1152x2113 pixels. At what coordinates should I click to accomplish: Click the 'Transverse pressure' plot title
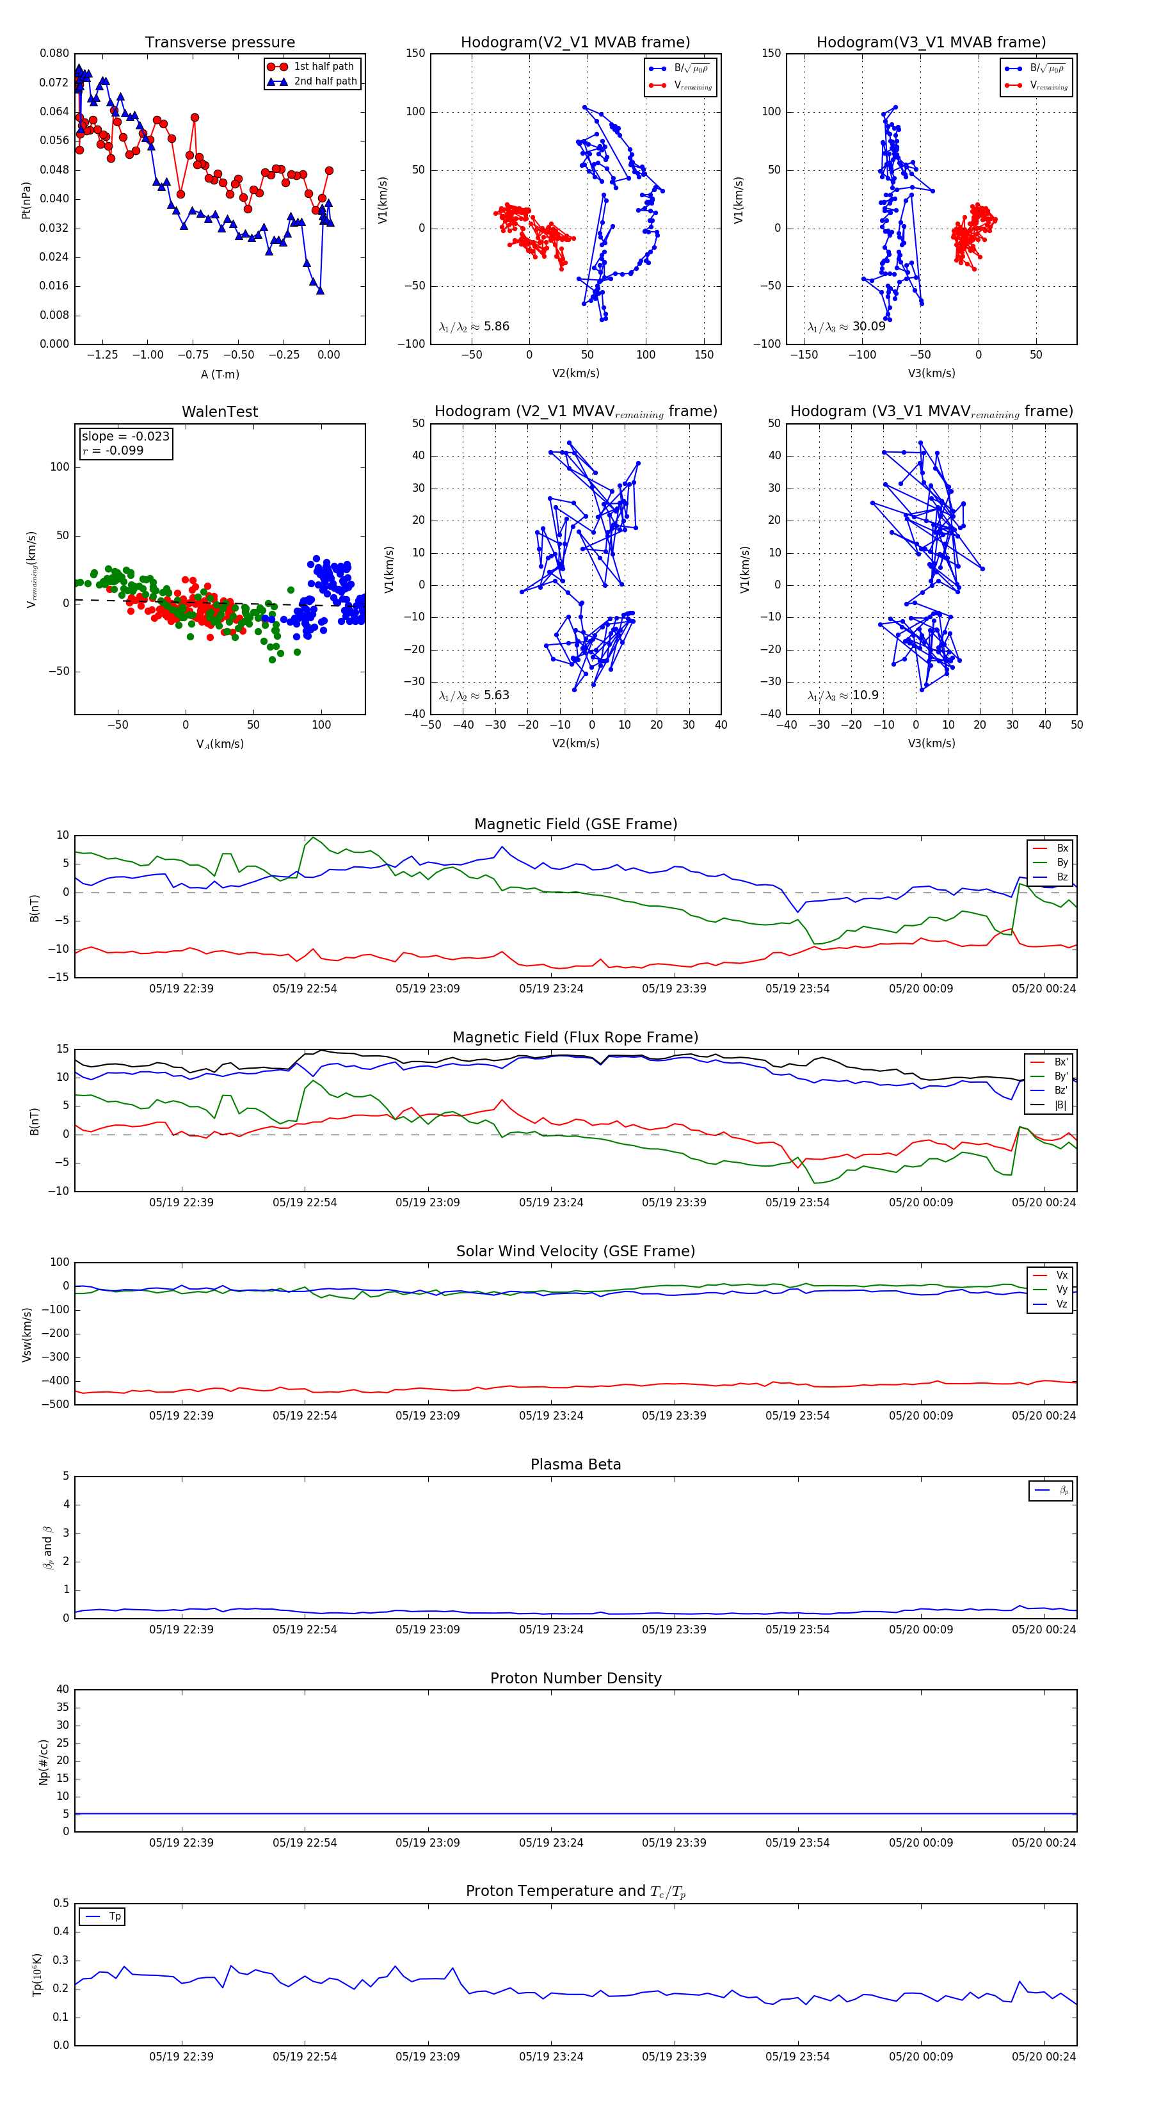click(220, 43)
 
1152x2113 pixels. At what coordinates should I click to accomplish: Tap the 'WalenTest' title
click(220, 412)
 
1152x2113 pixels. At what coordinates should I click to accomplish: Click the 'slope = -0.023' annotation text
click(125, 437)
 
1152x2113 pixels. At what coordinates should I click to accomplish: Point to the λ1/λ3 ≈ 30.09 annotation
click(846, 327)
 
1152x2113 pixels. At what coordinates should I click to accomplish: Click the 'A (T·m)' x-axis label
click(220, 375)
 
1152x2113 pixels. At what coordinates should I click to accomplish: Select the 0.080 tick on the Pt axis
click(54, 53)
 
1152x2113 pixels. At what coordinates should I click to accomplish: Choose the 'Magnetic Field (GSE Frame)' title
click(575, 824)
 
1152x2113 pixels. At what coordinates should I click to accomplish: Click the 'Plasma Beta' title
click(575, 1465)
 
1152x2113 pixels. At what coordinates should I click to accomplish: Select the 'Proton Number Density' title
click(575, 1678)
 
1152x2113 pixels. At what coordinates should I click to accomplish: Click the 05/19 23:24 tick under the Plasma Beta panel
click(551, 1629)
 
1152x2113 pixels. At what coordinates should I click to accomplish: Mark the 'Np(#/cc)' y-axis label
click(44, 1762)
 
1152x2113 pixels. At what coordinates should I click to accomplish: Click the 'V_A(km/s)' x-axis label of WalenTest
click(220, 744)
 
